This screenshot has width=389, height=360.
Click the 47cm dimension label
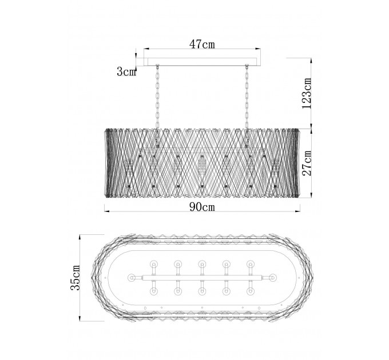click(x=202, y=45)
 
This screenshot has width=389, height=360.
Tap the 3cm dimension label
click(x=126, y=72)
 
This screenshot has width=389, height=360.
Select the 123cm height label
click(x=307, y=93)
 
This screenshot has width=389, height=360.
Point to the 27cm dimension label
click(x=307, y=163)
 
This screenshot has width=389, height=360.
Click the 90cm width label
click(x=202, y=207)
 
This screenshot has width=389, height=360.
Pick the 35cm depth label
click(x=76, y=278)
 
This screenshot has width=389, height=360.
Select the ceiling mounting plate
click(x=202, y=62)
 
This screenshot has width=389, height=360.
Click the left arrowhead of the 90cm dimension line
click(x=107, y=211)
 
